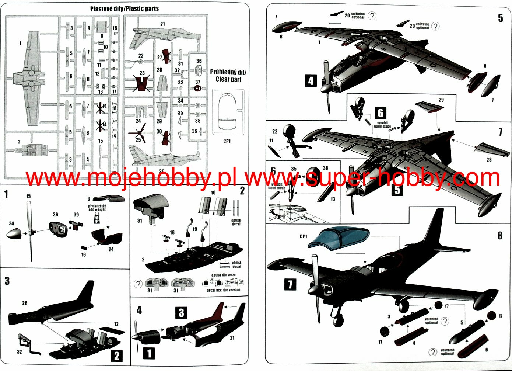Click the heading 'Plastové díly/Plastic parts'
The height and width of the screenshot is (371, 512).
tap(124, 8)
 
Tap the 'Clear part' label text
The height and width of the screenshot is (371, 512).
tap(228, 79)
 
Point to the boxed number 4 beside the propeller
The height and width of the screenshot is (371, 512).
tap(311, 80)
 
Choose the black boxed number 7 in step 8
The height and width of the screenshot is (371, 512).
tap(290, 284)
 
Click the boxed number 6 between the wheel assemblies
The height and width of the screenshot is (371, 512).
tap(381, 113)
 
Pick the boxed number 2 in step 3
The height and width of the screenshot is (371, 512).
tap(116, 356)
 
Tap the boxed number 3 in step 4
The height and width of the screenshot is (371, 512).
tap(181, 313)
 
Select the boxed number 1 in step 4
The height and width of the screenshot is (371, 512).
tap(149, 354)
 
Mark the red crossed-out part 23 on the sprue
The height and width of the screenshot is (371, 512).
tap(142, 83)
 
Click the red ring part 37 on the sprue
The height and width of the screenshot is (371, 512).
tap(198, 89)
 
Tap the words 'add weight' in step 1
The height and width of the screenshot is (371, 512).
tap(97, 209)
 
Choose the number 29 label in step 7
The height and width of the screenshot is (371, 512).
tap(441, 100)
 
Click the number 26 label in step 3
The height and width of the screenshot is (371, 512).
tap(25, 303)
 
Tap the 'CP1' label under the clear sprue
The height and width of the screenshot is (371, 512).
tap(227, 141)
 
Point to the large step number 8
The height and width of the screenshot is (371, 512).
tap(500, 235)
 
